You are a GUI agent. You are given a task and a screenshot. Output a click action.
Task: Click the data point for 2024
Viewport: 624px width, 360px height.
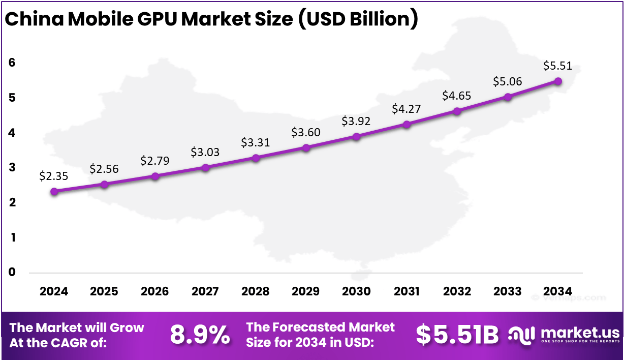[54, 191]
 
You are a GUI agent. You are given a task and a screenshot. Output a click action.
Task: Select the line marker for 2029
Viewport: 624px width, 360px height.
[306, 148]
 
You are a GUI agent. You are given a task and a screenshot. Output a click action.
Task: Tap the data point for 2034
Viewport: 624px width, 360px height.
[558, 81]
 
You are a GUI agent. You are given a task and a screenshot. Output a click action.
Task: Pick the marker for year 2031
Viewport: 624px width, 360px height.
[407, 124]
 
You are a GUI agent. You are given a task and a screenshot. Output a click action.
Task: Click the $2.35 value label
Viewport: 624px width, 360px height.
[53, 176]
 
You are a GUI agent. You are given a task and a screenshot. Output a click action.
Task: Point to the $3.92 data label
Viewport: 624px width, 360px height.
[356, 121]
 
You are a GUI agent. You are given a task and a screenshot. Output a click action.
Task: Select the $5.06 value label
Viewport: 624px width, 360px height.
[508, 81]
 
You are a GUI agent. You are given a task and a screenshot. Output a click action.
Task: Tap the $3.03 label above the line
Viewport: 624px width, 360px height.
[205, 152]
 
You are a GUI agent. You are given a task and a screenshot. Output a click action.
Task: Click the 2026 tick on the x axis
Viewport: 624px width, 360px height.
[154, 291]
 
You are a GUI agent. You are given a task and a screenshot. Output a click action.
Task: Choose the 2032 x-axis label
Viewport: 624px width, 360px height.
[457, 291]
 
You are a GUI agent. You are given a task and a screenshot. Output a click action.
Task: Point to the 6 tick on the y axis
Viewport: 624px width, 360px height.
[12, 63]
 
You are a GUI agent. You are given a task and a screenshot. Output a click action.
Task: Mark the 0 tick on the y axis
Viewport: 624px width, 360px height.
[12, 272]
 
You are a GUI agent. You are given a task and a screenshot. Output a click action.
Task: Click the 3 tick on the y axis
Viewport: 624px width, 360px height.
[12, 167]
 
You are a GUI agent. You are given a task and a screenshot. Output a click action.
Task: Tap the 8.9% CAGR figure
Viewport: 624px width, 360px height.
[200, 335]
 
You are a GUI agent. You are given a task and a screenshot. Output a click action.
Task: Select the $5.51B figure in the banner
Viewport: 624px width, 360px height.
[457, 335]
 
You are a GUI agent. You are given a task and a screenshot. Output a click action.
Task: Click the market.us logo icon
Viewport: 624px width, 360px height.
[522, 335]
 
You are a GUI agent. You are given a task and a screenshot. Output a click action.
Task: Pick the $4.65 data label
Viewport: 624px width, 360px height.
[457, 96]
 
